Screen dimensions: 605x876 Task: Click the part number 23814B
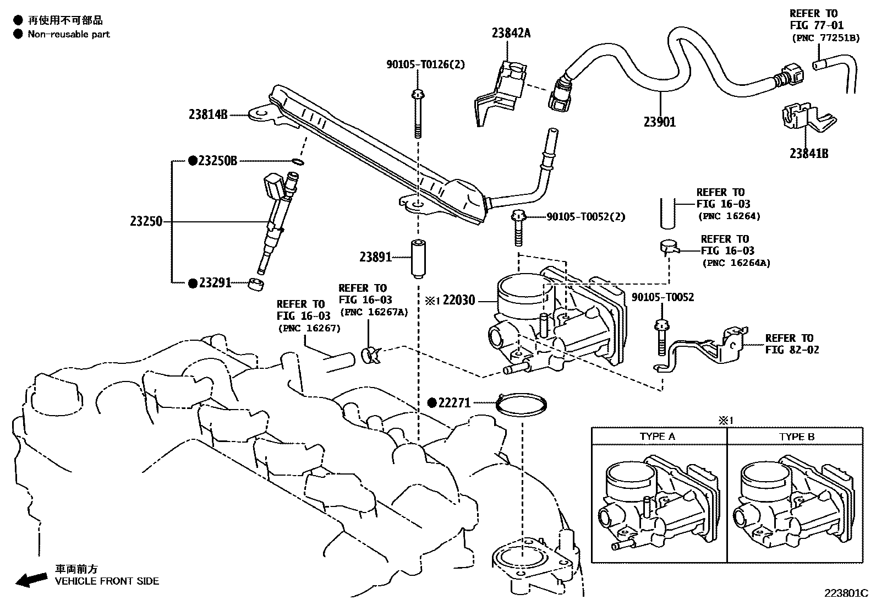[x=207, y=115]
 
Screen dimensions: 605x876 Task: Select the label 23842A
[x=511, y=33]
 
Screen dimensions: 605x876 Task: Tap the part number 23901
[x=659, y=122]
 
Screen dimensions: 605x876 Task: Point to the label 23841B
[x=808, y=154]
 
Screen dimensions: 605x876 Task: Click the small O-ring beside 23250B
[x=297, y=162]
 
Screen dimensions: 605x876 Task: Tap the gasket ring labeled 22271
[x=522, y=405]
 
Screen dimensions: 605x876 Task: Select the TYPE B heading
[x=796, y=437]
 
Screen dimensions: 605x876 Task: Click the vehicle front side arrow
[x=31, y=579]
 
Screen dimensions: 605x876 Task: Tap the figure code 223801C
[x=845, y=593]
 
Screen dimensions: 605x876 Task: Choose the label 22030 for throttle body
[x=458, y=301]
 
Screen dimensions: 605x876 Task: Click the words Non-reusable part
[x=69, y=34]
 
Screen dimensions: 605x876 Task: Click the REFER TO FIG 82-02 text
[x=791, y=344]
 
